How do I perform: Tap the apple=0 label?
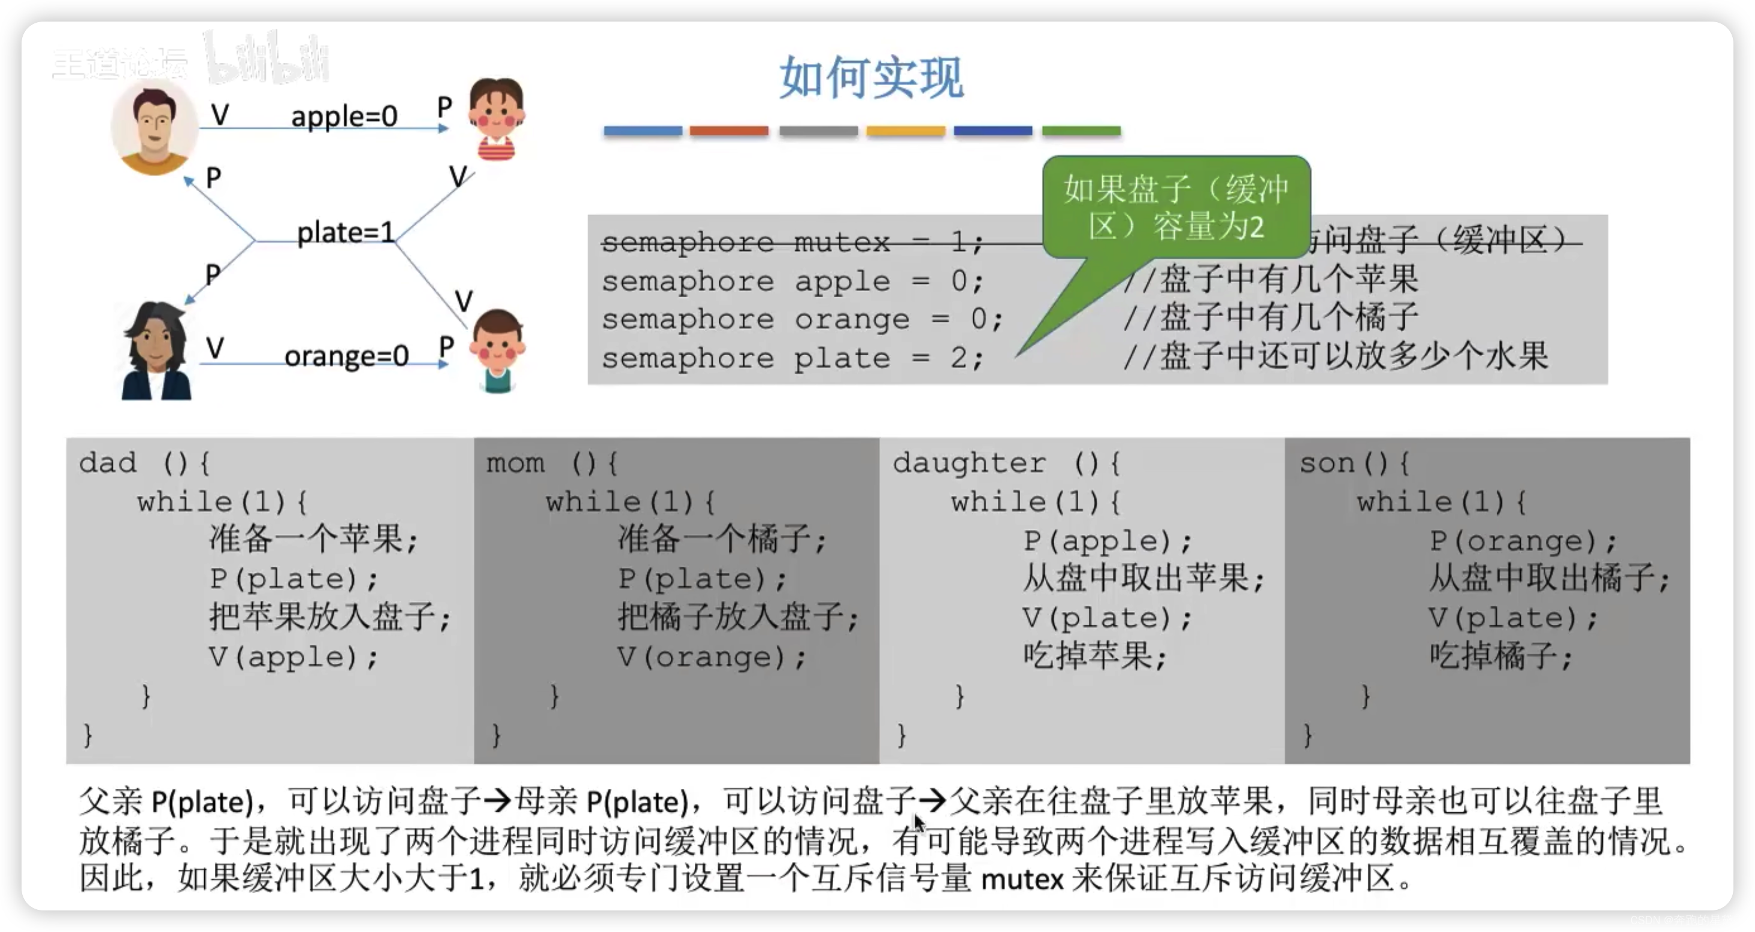click(x=344, y=116)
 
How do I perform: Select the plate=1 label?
click(x=346, y=233)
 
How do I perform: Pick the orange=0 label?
click(x=346, y=356)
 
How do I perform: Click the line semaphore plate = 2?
click(x=792, y=358)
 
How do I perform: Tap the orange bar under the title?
click(x=728, y=131)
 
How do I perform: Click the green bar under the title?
click(x=1081, y=131)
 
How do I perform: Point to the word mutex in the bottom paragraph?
click(x=1022, y=879)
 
